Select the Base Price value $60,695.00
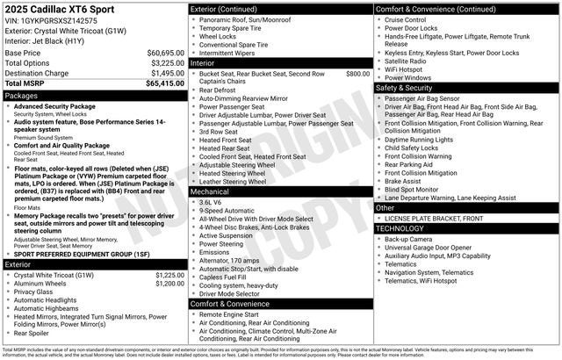pyautogui.click(x=165, y=53)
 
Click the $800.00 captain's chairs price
pyautogui.click(x=357, y=74)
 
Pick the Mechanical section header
pyautogui.click(x=210, y=191)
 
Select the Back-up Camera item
pyautogui.click(x=408, y=238)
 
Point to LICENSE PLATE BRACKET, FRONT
pyautogui.click(x=434, y=218)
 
